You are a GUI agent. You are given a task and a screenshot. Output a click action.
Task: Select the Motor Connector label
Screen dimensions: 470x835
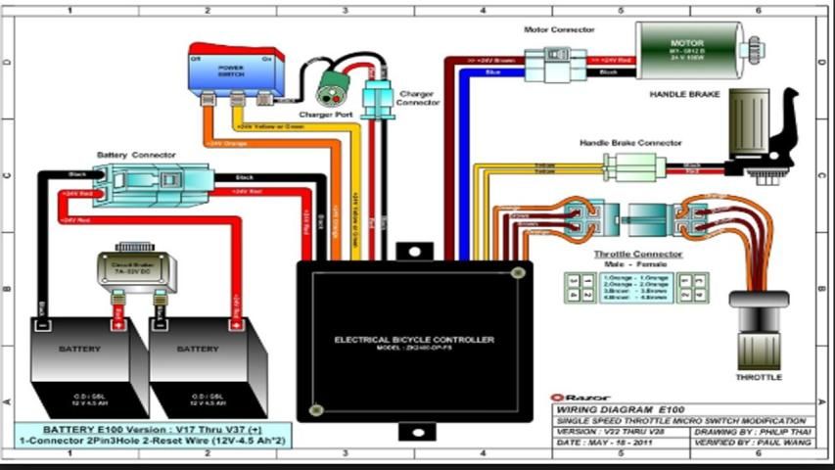point(559,30)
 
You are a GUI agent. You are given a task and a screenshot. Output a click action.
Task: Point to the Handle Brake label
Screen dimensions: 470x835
point(684,95)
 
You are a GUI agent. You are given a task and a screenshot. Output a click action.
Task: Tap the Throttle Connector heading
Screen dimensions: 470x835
point(638,254)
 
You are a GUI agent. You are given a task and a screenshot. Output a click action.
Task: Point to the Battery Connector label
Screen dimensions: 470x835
point(136,155)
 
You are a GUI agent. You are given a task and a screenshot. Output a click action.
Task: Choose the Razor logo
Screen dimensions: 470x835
point(577,398)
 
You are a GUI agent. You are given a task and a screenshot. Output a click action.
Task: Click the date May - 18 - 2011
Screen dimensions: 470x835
point(600,444)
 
